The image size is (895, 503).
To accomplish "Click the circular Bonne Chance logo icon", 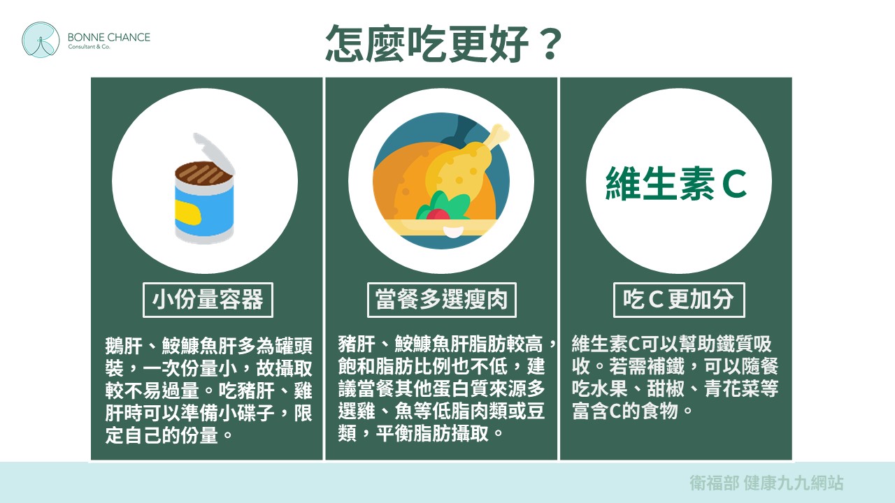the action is click(41, 40).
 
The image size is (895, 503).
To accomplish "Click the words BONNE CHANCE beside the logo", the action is click(108, 37).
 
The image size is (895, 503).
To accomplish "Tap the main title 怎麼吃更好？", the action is click(444, 43).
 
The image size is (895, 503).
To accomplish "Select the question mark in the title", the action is click(550, 45).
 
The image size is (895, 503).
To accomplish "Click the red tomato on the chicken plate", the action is click(438, 214).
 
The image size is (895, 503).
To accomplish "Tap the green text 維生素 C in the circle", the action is click(676, 183).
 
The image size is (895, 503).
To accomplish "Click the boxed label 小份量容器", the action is click(208, 300).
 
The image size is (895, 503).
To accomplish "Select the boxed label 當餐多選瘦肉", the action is click(441, 300).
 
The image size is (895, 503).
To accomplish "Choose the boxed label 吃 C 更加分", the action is click(679, 300).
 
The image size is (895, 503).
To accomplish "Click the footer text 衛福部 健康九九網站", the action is click(766, 483).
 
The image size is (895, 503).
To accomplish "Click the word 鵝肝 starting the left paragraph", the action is click(124, 346).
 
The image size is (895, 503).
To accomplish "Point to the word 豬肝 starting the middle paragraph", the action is click(357, 344).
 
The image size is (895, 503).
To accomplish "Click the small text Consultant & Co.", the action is click(89, 47).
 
